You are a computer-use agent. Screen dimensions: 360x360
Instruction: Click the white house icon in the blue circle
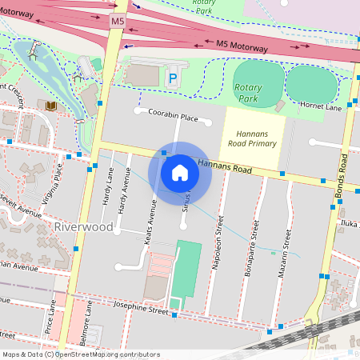pyautogui.click(x=180, y=173)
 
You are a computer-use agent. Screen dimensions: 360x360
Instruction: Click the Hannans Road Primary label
pyautogui.click(x=252, y=138)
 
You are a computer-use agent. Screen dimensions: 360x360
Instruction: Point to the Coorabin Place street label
pyautogui.click(x=173, y=117)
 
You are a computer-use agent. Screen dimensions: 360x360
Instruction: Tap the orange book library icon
pyautogui.click(x=51, y=106)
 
